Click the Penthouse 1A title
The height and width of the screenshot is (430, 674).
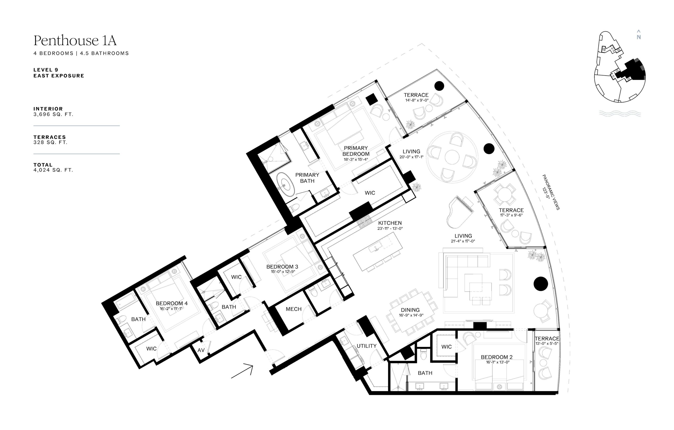click(75, 41)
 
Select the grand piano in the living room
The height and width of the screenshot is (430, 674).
click(460, 212)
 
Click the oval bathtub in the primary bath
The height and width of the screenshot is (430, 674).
click(285, 185)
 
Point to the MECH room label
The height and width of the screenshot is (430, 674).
click(294, 309)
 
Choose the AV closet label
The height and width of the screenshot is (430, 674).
click(201, 350)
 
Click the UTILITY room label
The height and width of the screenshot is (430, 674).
click(366, 346)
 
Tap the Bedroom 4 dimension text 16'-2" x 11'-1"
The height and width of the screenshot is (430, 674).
click(171, 309)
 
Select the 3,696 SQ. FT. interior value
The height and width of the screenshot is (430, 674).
click(53, 114)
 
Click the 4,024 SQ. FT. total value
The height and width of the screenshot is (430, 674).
click(53, 170)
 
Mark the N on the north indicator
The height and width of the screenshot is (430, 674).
click(639, 37)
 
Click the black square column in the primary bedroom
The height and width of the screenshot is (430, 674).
click(372, 99)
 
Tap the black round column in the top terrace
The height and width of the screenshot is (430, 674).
click(439, 86)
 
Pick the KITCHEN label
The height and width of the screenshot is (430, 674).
click(390, 223)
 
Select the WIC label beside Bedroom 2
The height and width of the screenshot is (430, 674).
click(447, 347)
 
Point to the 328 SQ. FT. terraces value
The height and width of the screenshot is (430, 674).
click(51, 142)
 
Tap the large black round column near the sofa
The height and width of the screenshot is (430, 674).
click(541, 284)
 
